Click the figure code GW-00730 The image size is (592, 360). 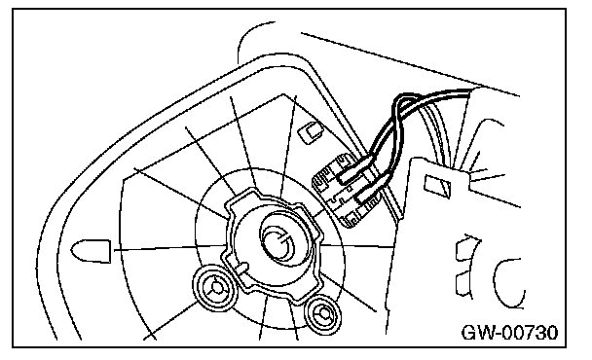click(509, 333)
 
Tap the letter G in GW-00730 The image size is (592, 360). click(468, 333)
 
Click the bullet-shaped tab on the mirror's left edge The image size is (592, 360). click(91, 251)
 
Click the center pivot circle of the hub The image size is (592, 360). click(278, 243)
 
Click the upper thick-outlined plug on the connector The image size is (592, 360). click(352, 171)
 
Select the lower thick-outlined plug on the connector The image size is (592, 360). click(369, 195)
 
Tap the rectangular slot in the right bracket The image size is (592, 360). click(437, 185)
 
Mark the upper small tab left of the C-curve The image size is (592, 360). click(465, 249)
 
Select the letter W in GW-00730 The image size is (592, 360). click(484, 333)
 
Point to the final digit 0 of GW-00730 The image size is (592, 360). click(552, 333)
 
